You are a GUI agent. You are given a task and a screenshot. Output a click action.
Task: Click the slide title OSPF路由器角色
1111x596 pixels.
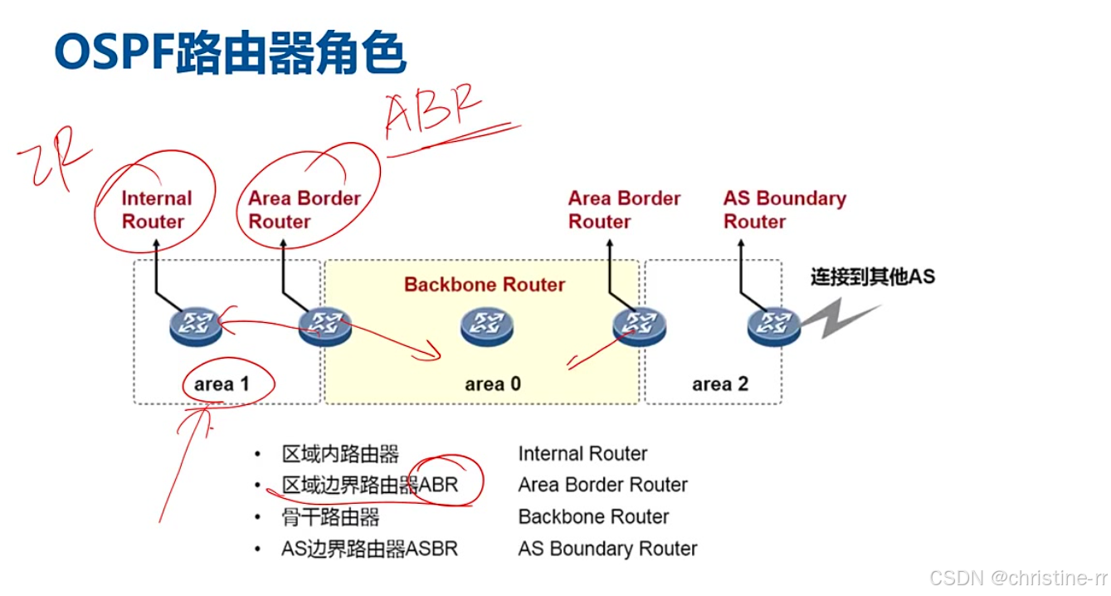coord(230,53)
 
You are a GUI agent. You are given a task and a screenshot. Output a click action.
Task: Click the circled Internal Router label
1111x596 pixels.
coord(156,210)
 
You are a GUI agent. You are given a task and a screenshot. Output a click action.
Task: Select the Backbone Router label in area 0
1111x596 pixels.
coord(485,285)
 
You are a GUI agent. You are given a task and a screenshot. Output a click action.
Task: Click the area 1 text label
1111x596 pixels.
coord(222,384)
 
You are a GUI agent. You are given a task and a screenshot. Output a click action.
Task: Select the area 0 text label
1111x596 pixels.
coord(493,384)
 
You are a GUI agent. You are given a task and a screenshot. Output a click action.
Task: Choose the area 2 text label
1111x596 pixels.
coord(719,384)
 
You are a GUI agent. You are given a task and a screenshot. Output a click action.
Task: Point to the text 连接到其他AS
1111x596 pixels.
coord(872,276)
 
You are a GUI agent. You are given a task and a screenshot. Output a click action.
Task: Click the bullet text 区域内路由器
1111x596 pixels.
coord(340,454)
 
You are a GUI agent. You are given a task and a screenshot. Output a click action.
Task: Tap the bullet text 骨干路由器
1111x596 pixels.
coord(330,517)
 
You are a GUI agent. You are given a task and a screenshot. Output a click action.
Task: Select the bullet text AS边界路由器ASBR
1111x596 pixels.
coord(369,549)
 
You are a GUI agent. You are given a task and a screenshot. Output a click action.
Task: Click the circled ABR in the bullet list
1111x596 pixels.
coord(439,485)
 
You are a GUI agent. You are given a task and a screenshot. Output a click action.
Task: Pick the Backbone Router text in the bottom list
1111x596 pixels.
coord(593,517)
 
